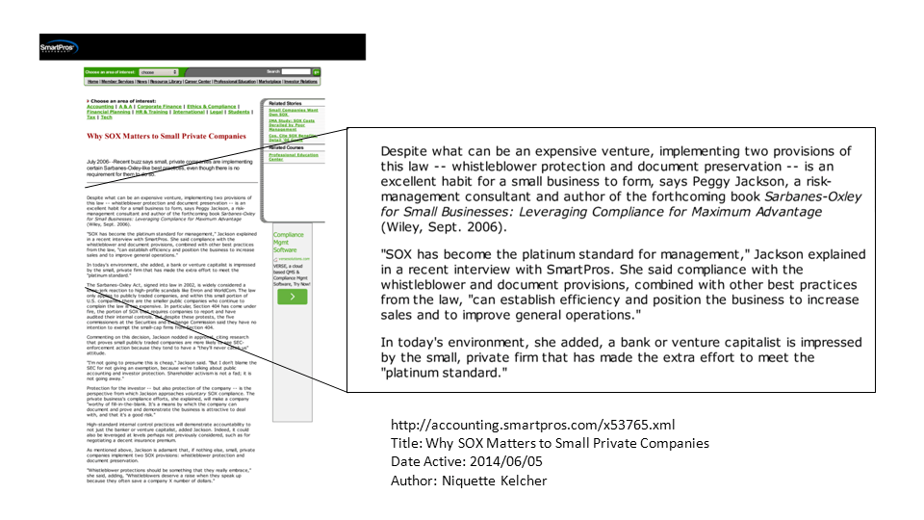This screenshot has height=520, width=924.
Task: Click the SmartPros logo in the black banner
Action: click(x=57, y=47)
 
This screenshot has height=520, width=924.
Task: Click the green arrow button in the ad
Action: click(x=292, y=297)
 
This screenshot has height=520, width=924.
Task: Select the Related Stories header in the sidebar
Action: click(x=285, y=102)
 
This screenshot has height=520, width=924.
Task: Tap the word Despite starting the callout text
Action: click(x=408, y=150)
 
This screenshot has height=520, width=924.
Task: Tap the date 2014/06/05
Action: click(x=516, y=461)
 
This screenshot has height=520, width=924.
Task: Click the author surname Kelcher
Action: click(x=521, y=480)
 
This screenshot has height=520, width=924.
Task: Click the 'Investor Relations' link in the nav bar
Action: click(x=300, y=82)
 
